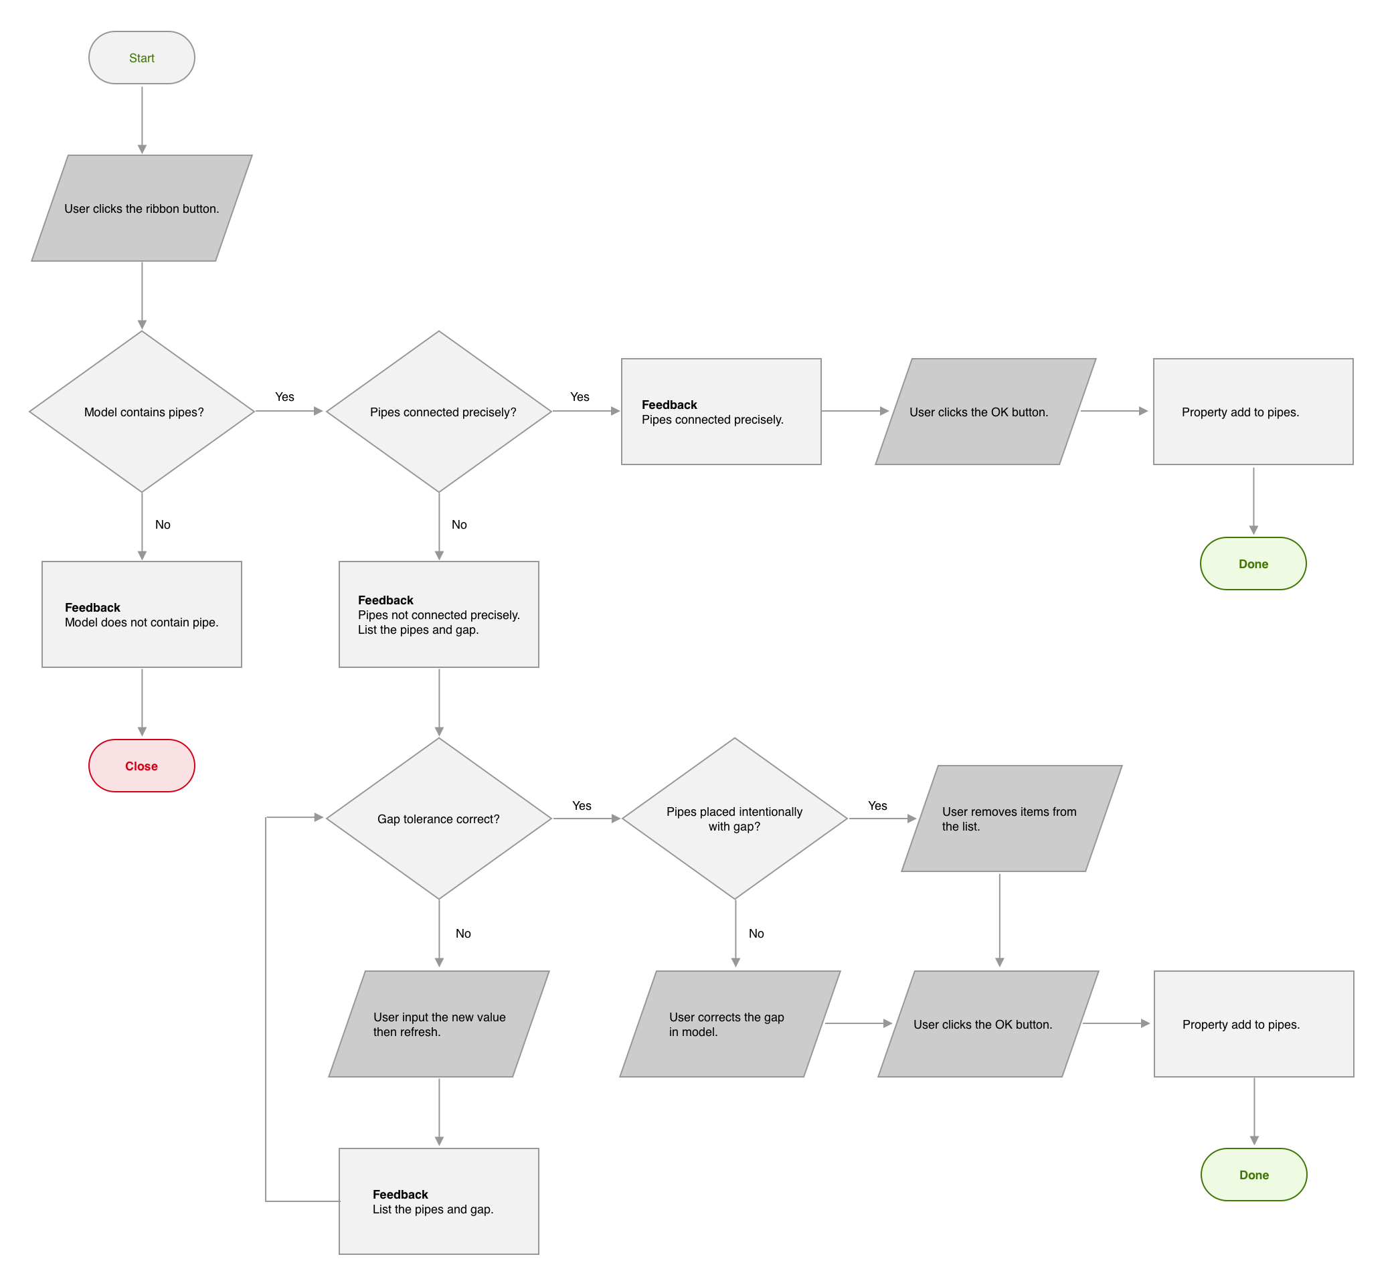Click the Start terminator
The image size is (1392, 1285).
tap(142, 58)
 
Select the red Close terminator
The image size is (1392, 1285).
tap(142, 766)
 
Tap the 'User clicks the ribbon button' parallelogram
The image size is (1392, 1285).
tap(142, 209)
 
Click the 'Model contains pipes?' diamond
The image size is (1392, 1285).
tap(142, 412)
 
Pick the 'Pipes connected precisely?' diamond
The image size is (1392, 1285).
tap(439, 412)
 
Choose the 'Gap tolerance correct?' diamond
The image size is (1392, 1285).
tap(439, 819)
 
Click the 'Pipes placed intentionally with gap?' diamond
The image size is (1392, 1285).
tap(734, 819)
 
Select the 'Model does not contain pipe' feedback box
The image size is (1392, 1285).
tap(142, 614)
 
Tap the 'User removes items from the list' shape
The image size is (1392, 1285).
tap(1011, 819)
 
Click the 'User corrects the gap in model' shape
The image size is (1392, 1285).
tap(729, 1024)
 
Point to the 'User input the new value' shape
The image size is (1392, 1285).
tap(439, 1024)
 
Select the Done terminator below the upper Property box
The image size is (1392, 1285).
tap(1253, 564)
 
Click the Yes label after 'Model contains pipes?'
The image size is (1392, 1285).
tap(284, 397)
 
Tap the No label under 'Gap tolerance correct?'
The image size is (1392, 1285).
tap(463, 934)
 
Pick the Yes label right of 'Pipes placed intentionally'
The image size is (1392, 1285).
tap(877, 806)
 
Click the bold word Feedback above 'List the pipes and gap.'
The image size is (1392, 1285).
tap(400, 1195)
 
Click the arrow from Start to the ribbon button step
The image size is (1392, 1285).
tap(142, 119)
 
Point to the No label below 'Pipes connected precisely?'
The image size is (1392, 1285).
tap(459, 525)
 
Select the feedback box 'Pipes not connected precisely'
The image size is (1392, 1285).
tap(439, 614)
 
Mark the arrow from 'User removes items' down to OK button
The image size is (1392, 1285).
tap(999, 920)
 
